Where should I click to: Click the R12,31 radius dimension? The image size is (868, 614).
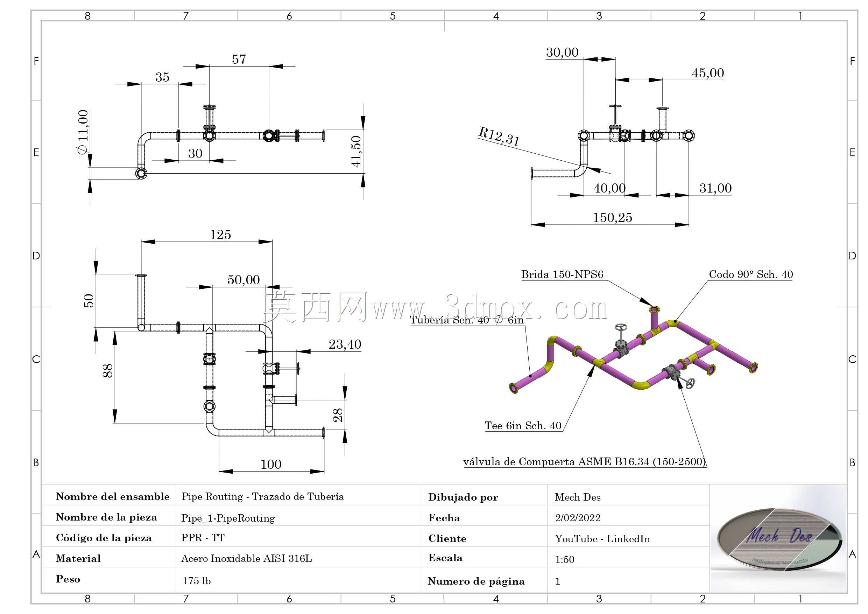click(x=499, y=136)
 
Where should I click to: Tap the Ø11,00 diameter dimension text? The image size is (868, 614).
click(x=83, y=132)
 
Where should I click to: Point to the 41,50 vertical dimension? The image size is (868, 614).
click(x=356, y=151)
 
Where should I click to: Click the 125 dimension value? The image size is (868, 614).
click(x=220, y=235)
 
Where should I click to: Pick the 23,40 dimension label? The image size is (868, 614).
click(x=345, y=344)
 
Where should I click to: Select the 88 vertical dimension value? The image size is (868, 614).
click(x=108, y=370)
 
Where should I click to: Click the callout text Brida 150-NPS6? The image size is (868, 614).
click(x=562, y=274)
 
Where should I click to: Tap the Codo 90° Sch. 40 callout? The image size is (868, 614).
click(x=751, y=274)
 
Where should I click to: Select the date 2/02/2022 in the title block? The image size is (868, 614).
click(x=578, y=517)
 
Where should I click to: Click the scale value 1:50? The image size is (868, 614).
click(x=564, y=559)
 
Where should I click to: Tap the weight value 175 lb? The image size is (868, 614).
click(x=196, y=581)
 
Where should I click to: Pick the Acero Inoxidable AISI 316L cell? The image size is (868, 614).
click(x=247, y=558)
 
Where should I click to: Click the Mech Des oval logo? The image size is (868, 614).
click(x=779, y=539)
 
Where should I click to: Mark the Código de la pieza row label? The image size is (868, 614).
click(x=104, y=538)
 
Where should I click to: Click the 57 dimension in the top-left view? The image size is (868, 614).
click(x=239, y=60)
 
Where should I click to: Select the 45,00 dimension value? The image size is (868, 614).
click(x=708, y=73)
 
